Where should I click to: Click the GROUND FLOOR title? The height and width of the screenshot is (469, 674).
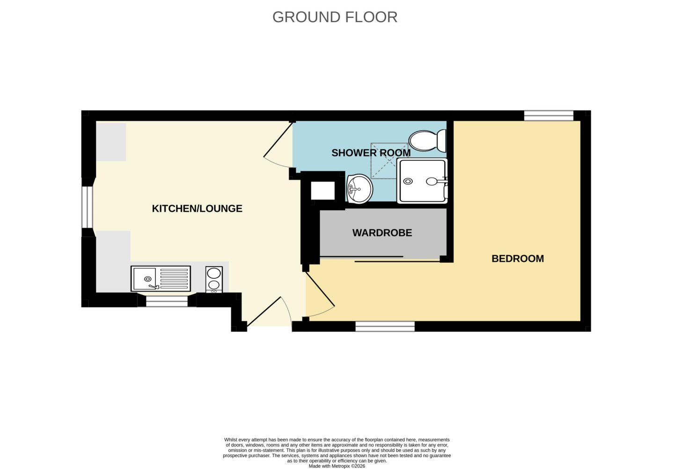[x=335, y=17]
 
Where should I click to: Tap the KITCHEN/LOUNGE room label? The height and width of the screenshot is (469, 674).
[x=197, y=208]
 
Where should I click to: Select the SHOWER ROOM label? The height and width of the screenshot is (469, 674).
[x=371, y=153]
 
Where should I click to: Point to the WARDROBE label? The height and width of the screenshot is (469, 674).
[x=382, y=232]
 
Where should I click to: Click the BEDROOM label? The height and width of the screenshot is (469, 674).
[x=518, y=259]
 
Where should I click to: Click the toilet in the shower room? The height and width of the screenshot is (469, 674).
[x=427, y=141]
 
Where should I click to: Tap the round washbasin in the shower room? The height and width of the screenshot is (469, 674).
[x=359, y=189]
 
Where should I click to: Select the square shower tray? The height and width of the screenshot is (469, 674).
[x=422, y=181]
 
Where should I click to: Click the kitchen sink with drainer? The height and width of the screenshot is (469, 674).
[x=161, y=279]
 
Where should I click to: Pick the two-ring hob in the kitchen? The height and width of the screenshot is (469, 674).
[x=214, y=279]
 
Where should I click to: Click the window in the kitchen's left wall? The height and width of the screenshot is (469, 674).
[x=87, y=207]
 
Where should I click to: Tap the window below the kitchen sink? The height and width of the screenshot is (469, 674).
[x=167, y=301]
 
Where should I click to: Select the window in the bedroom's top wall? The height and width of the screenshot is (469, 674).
[x=549, y=116]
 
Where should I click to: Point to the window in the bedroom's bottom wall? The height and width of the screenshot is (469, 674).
[x=385, y=327]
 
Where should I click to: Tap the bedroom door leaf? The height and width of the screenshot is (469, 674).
[x=320, y=289]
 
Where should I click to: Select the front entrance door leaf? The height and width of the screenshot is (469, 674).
[x=264, y=312]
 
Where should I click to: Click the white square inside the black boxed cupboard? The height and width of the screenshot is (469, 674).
[x=322, y=190]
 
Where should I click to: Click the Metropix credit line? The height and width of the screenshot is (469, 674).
[x=337, y=466]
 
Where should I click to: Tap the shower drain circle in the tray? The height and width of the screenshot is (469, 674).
[x=408, y=181]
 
